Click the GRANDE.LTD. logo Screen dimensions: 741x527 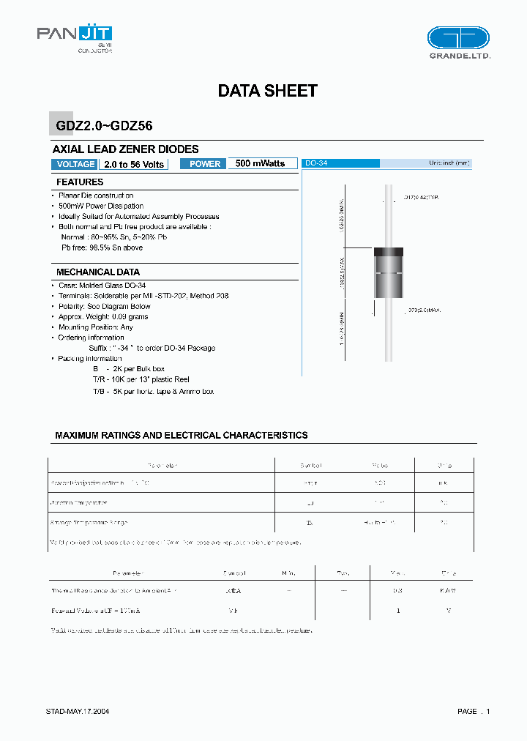[458, 42]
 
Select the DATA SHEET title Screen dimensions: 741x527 [267, 91]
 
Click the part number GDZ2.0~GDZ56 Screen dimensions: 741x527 [103, 126]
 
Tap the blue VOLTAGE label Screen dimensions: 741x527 [75, 164]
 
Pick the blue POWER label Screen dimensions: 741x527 [204, 164]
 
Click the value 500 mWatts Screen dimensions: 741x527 [261, 163]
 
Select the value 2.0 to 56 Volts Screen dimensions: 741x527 [133, 164]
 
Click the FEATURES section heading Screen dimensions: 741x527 [80, 182]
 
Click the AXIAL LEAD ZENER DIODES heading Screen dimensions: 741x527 [126, 149]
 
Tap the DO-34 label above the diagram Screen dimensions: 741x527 [316, 163]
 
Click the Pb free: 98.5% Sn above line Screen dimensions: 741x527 [102, 247]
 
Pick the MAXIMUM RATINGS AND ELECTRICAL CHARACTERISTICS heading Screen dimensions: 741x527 [181, 435]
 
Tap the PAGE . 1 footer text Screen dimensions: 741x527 [474, 711]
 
